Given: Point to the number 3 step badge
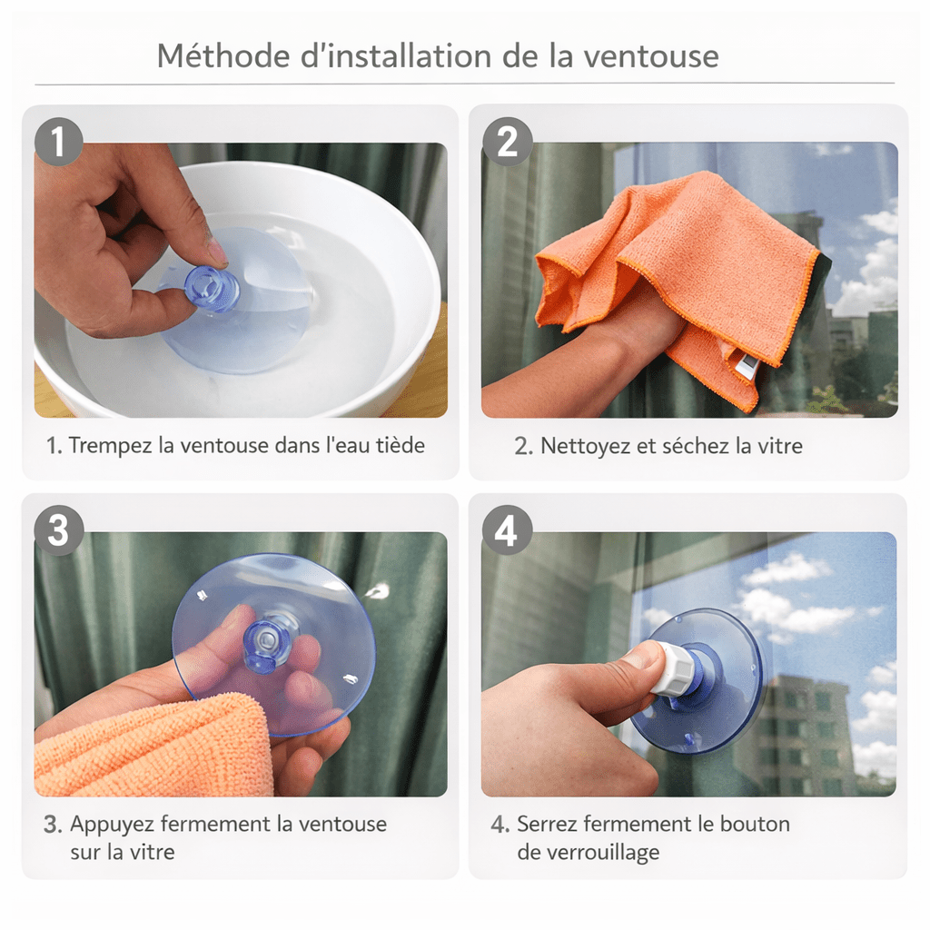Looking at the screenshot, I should coord(58,530).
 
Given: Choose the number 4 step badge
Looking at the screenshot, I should coord(506,530).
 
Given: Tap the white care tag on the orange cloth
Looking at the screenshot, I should coord(747,365).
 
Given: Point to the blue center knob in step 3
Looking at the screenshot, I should coord(270,639).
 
